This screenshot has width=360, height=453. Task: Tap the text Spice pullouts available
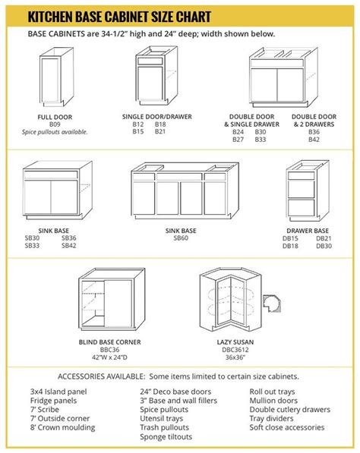click(55, 132)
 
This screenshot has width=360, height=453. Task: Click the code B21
click(160, 132)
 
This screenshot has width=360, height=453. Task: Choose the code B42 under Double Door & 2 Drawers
click(314, 140)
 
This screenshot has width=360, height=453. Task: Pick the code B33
click(261, 140)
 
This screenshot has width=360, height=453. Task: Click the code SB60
click(181, 238)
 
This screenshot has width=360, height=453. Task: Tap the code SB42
click(68, 245)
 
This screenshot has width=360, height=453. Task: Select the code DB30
click(324, 245)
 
